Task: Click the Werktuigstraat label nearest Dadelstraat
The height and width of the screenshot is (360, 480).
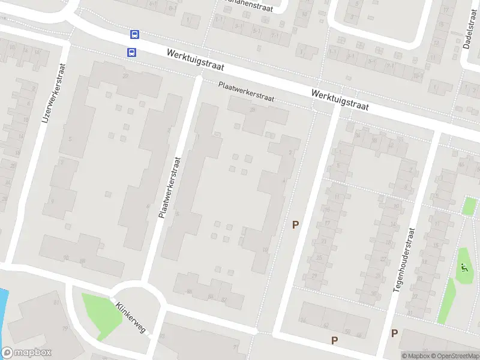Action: [340, 101]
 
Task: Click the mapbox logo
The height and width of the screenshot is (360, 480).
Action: [26, 353]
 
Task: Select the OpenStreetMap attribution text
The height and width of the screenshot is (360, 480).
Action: [454, 356]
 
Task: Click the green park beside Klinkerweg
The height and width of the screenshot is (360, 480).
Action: [99, 313]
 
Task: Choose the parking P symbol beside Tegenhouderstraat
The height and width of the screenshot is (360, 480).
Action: [394, 333]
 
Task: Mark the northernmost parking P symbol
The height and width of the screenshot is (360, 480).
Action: [295, 225]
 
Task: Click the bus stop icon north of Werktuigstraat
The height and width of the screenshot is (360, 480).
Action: [135, 35]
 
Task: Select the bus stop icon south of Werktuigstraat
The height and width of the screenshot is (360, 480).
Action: [131, 52]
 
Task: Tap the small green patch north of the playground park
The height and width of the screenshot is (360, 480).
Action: [470, 206]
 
